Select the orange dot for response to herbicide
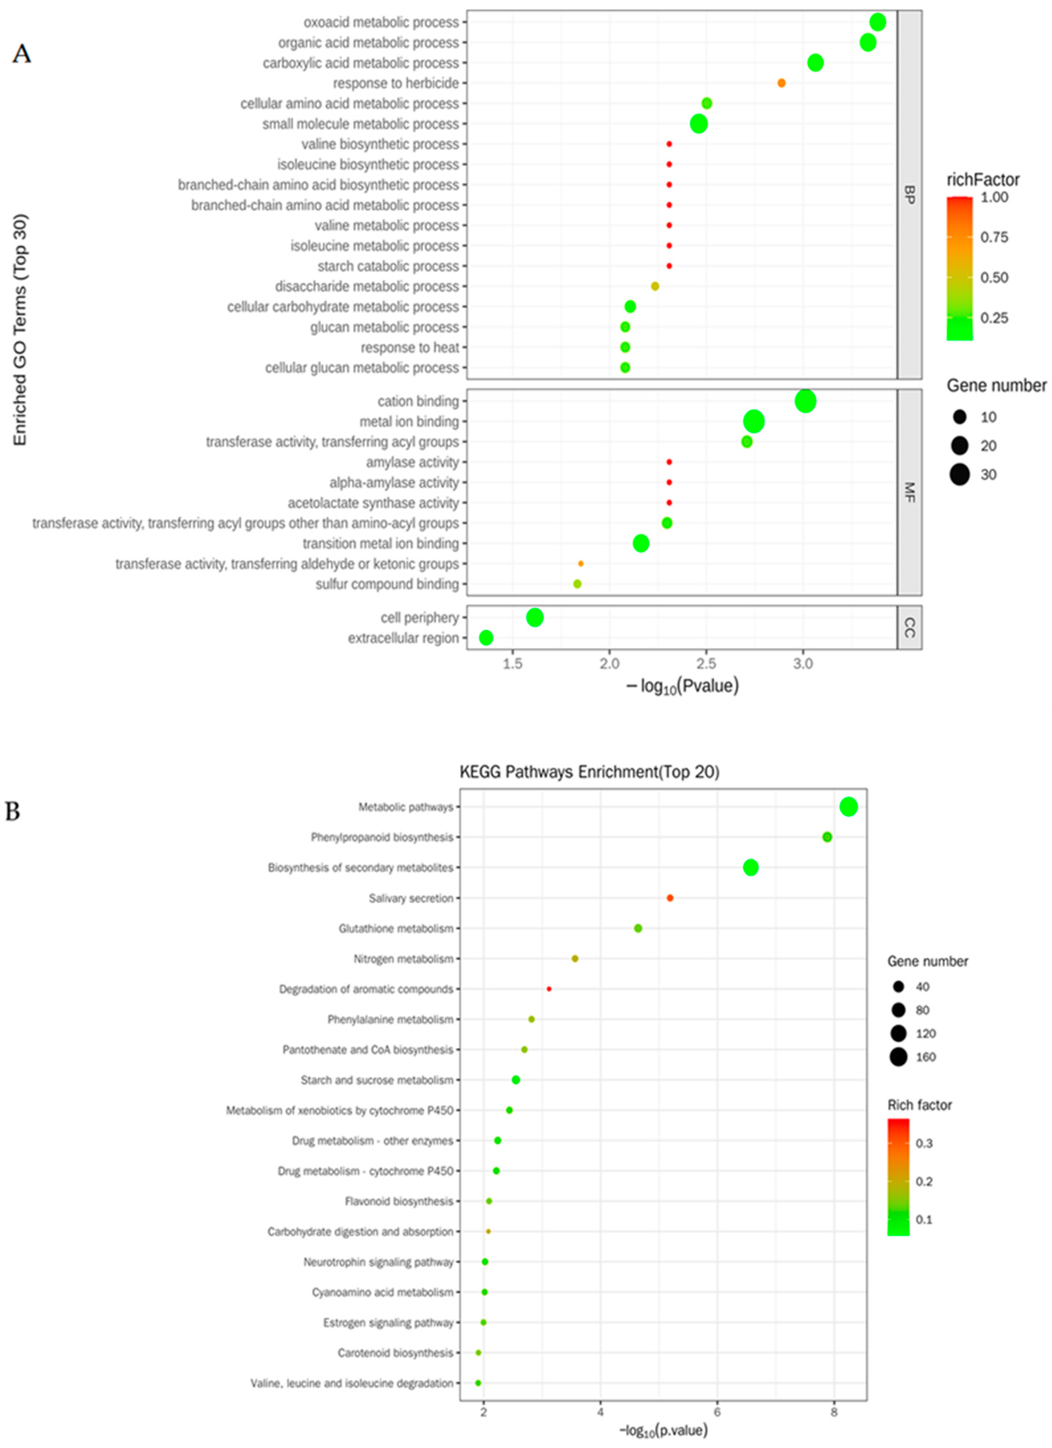coord(781,83)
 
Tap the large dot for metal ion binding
coord(754,421)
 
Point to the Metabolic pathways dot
coord(848,807)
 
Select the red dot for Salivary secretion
coord(670,898)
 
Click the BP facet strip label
coord(910,195)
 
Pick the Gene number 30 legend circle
coord(959,475)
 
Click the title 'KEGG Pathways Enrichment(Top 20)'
coord(589,772)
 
